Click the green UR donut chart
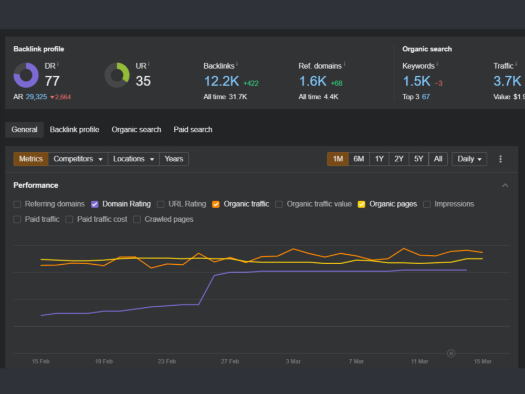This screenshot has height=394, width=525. tap(125, 70)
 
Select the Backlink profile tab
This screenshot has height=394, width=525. tap(75, 130)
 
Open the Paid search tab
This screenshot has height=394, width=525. tap(193, 130)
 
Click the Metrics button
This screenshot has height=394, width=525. tap(31, 159)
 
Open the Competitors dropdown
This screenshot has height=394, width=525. tap(78, 159)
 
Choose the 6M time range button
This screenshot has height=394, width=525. tap(359, 159)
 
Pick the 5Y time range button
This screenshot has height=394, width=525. tap(418, 159)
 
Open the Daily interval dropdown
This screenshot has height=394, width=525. tap(469, 159)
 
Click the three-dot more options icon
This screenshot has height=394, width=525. tap(500, 159)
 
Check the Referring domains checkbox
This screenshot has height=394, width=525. tap(17, 204)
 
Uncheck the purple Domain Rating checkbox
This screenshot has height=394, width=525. tap(94, 204)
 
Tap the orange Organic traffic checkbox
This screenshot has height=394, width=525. tap(216, 204)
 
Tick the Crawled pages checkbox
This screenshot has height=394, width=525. tap(137, 220)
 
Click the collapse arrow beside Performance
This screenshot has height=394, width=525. tap(505, 185)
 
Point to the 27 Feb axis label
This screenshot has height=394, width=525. tap(230, 361)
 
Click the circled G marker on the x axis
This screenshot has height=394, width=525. tap(451, 353)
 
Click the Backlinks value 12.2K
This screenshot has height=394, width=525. tap(222, 81)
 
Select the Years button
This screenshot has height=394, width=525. tap(174, 159)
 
